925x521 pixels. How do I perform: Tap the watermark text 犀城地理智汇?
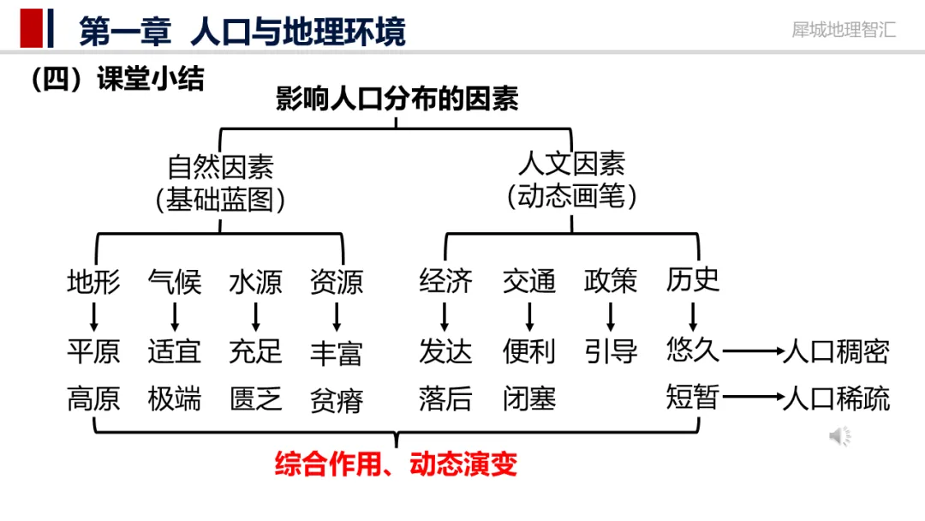click(844, 29)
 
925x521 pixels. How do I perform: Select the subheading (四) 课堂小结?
click(117, 80)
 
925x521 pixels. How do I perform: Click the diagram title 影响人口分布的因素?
click(397, 99)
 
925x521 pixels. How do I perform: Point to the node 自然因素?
click(220, 165)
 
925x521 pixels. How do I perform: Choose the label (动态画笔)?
click(571, 197)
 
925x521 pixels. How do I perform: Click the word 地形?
click(93, 281)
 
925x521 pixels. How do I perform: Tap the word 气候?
click(174, 281)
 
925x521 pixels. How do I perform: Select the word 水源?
click(255, 281)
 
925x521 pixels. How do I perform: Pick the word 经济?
click(445, 281)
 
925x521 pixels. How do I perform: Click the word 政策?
click(611, 281)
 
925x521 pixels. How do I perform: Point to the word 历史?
click(692, 279)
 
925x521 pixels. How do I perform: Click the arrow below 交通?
click(529, 317)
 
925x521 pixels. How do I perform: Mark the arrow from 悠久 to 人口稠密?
click(751, 351)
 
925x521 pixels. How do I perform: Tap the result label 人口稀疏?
click(836, 398)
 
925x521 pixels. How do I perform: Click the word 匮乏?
click(255, 398)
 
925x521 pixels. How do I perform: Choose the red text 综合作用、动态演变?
click(397, 464)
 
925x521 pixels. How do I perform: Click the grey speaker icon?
click(839, 437)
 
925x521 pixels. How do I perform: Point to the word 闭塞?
click(529, 398)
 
